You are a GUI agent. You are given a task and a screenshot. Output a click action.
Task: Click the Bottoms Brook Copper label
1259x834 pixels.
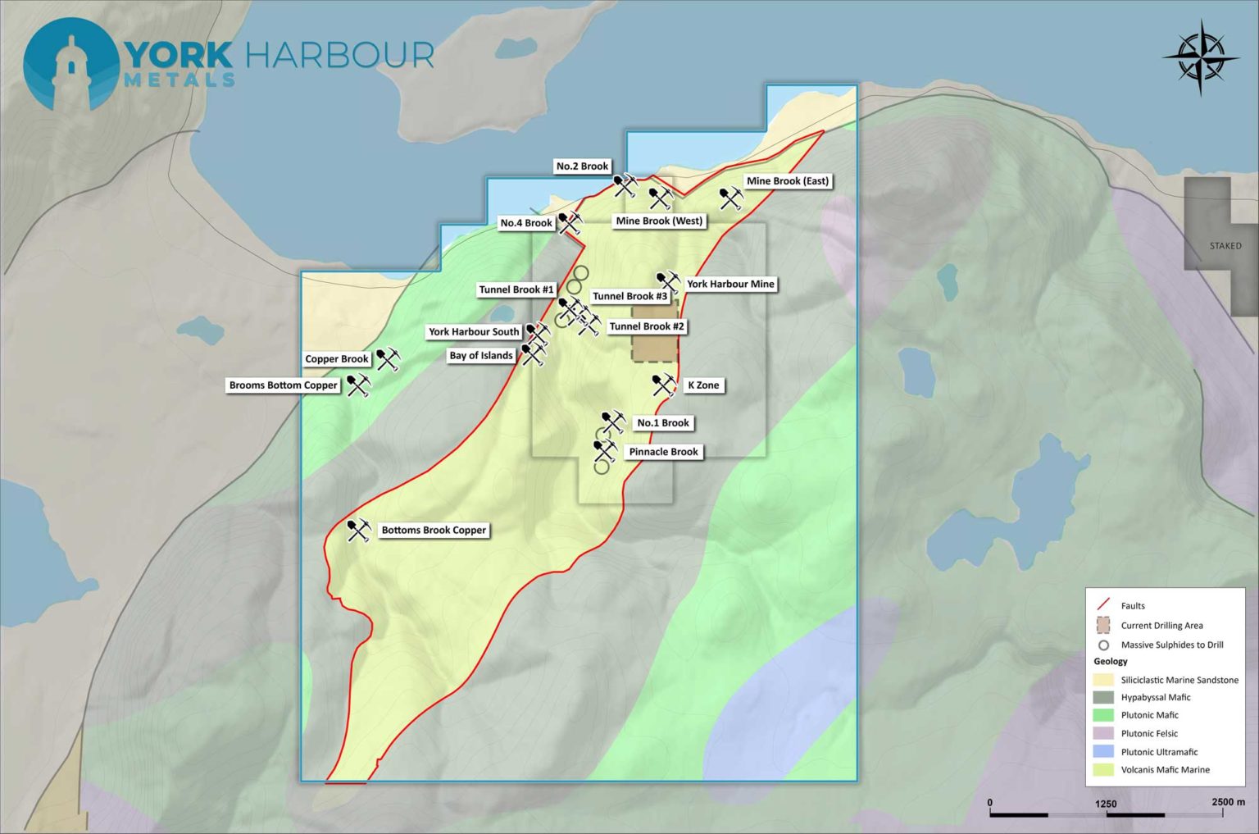coord(434,531)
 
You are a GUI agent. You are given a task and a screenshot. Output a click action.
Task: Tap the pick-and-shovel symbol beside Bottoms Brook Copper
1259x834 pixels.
coord(358,531)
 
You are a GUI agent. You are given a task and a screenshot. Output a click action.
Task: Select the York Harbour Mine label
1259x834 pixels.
coord(730,285)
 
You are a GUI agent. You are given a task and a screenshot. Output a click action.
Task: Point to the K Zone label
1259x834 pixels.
coord(703,385)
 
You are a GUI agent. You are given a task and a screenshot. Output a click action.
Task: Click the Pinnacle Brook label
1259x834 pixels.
coord(663,452)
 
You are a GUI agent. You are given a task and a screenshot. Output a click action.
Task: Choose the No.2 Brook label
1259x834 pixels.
coord(582,166)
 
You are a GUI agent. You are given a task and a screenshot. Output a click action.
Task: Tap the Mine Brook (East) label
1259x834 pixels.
coord(787,181)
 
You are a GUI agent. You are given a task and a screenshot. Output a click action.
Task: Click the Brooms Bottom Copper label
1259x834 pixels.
coord(283,385)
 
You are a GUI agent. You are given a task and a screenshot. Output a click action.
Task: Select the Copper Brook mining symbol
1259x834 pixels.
coord(388,359)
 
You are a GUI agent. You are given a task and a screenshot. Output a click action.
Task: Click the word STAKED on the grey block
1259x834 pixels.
coord(1225,246)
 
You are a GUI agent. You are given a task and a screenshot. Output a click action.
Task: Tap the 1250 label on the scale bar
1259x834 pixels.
coord(1106,804)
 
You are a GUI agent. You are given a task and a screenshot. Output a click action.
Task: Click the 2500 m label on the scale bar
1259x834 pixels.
coord(1228,802)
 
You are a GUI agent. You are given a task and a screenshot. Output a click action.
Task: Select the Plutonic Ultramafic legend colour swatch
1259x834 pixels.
coord(1103,752)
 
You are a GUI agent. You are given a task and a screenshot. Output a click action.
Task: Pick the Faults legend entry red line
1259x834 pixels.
coord(1103,605)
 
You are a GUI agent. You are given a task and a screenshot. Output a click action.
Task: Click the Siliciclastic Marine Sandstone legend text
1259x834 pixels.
coord(1179,680)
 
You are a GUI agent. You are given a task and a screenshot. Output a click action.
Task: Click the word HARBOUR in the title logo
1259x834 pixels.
coord(339,56)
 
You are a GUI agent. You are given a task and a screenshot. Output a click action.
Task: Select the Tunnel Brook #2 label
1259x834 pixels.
coord(646,326)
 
